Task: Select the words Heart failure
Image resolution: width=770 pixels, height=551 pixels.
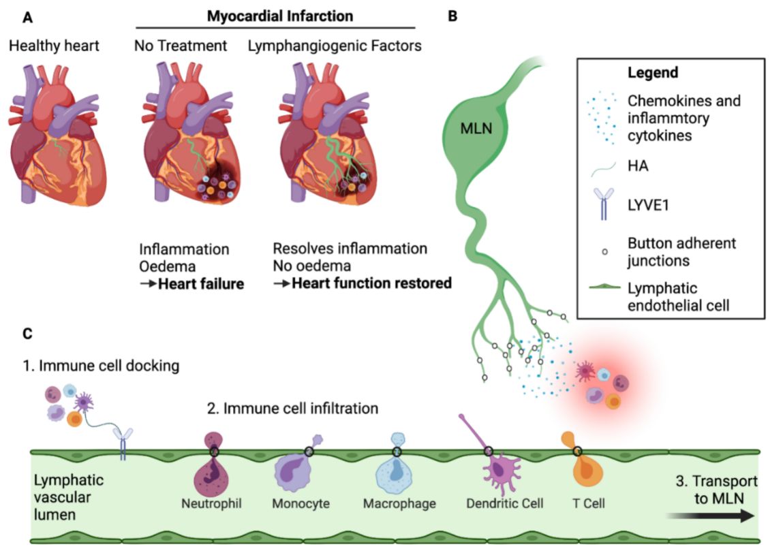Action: pyautogui.click(x=201, y=283)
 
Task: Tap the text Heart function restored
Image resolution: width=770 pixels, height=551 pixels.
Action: pyautogui.click(x=371, y=283)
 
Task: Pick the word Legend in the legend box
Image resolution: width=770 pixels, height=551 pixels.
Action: pyautogui.click(x=653, y=72)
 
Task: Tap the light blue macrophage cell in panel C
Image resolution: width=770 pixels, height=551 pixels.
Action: pyautogui.click(x=395, y=470)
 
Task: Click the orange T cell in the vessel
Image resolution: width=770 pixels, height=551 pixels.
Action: pyautogui.click(x=585, y=470)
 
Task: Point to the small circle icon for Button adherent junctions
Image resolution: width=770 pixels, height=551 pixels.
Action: pyautogui.click(x=604, y=251)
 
